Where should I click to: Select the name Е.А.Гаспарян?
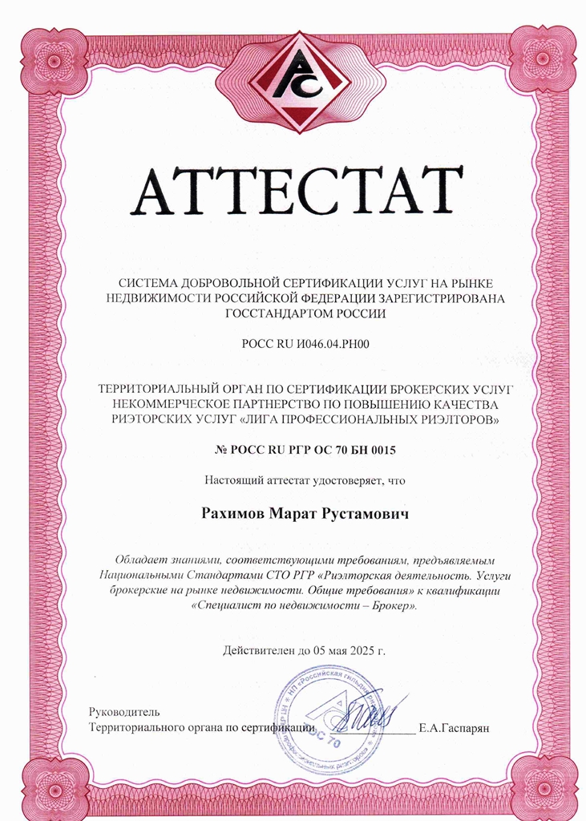pos(455,728)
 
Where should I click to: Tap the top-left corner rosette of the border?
pos(55,59)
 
